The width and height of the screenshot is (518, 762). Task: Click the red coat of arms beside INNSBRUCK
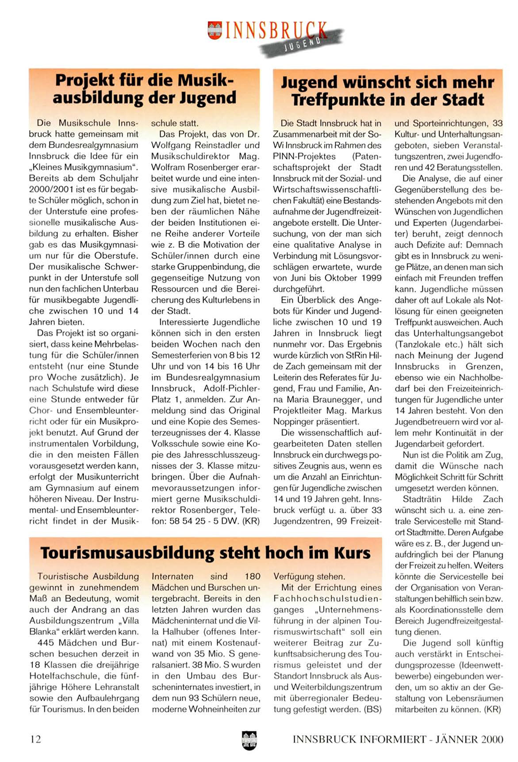(x=215, y=31)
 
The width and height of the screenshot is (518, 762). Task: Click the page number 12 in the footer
(x=35, y=739)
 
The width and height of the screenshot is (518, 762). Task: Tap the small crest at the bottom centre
(x=249, y=740)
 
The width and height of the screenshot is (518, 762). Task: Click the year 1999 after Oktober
(x=371, y=278)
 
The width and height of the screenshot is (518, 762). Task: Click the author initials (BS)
(x=372, y=709)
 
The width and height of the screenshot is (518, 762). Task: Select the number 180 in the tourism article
(x=252, y=577)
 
